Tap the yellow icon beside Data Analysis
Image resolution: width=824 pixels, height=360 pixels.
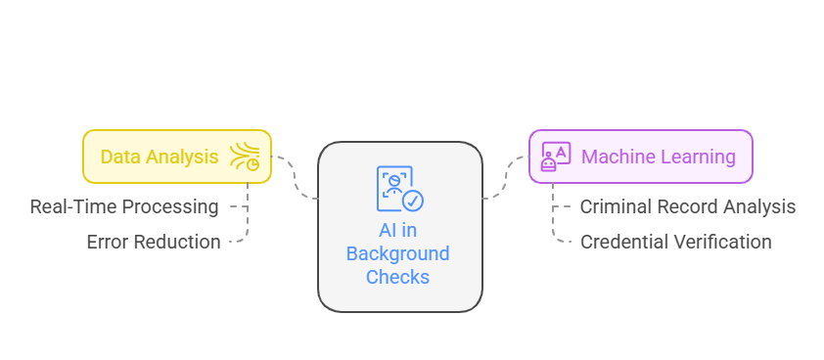pyautogui.click(x=245, y=157)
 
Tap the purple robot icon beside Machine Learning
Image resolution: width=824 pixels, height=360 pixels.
pyautogui.click(x=556, y=157)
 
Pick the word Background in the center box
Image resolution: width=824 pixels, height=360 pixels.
pyautogui.click(x=399, y=254)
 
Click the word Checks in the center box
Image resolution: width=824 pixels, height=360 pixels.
pyautogui.click(x=397, y=277)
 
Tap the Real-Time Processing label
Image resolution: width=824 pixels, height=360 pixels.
pyautogui.click(x=124, y=206)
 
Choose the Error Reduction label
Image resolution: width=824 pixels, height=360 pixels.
pyautogui.click(x=154, y=242)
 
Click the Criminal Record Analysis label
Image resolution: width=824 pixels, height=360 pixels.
pyautogui.click(x=687, y=206)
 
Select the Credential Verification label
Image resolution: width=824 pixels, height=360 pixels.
pyautogui.click(x=675, y=242)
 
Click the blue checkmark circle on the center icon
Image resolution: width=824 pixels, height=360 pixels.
pyautogui.click(x=413, y=201)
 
